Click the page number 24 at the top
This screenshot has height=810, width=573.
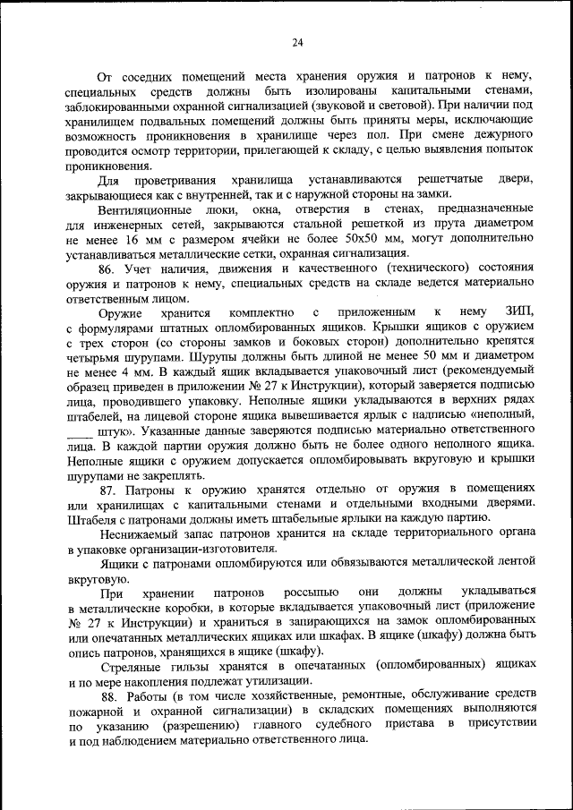(x=297, y=41)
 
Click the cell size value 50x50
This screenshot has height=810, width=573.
(x=389, y=239)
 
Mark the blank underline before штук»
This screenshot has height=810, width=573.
(x=80, y=431)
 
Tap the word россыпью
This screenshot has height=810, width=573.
(x=311, y=593)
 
